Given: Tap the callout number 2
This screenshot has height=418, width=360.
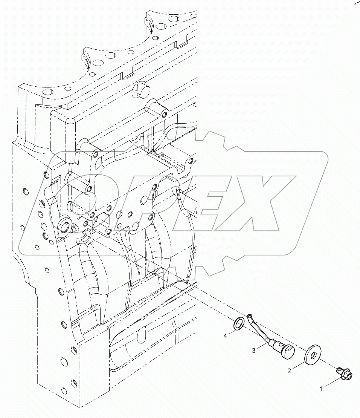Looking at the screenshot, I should [x=289, y=371].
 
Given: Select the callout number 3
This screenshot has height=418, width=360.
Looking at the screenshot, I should [x=254, y=351].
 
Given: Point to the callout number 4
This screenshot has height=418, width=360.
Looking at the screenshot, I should [x=225, y=335].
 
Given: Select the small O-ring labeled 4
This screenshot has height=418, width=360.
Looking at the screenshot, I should [x=239, y=323].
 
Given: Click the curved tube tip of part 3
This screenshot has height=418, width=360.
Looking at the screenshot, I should [x=250, y=315].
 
